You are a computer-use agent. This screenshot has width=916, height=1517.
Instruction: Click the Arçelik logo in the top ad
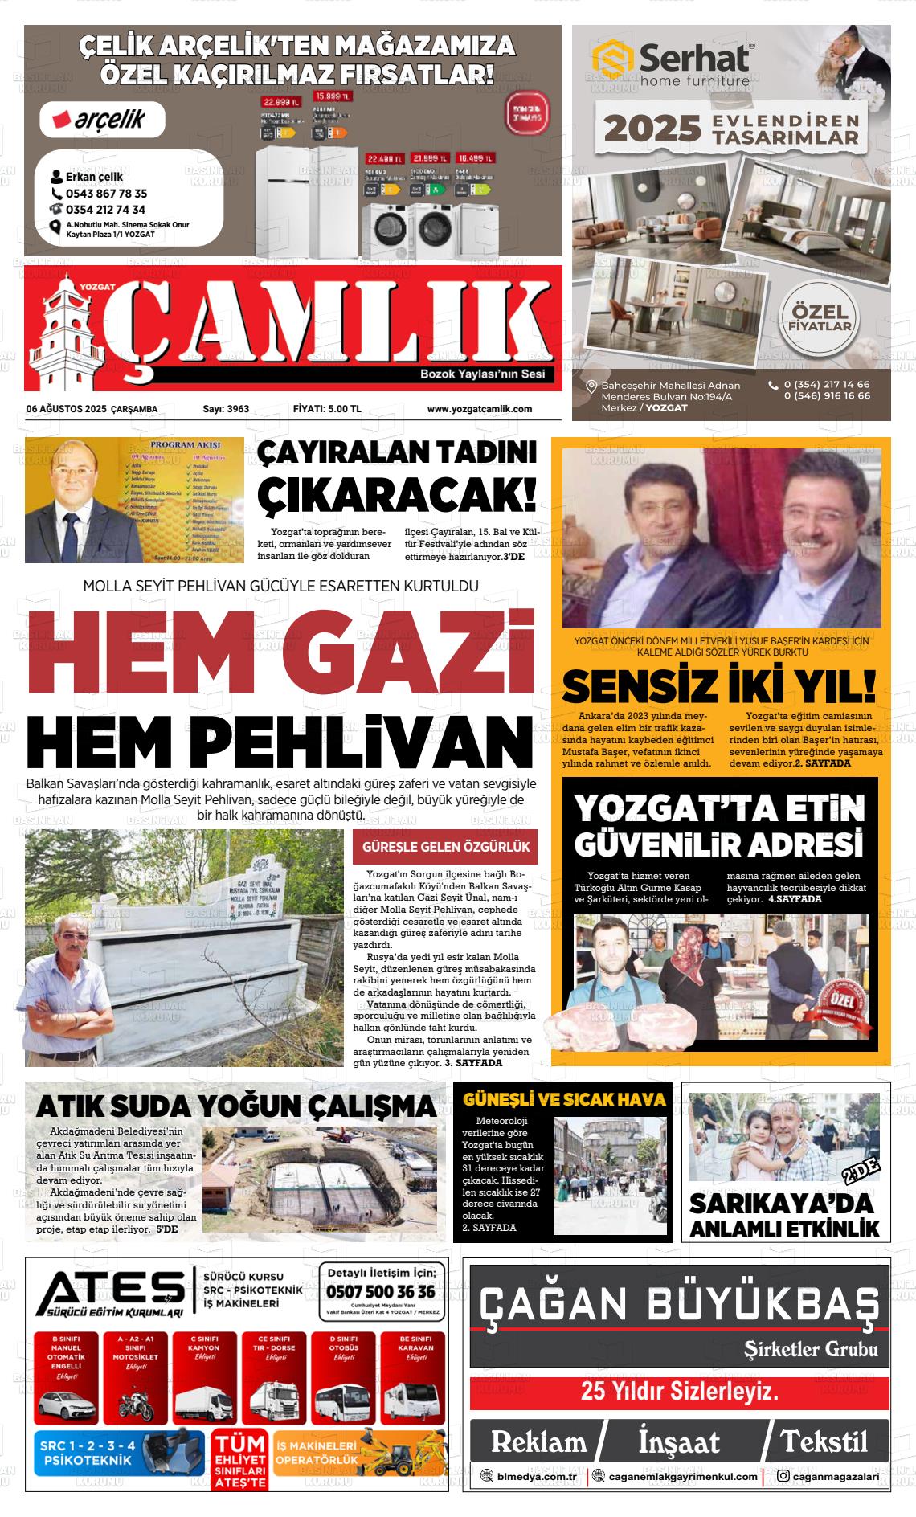point(103,121)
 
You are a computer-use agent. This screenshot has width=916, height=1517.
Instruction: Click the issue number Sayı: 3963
point(226,409)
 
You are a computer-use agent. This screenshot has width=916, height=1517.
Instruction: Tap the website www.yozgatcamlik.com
point(479,409)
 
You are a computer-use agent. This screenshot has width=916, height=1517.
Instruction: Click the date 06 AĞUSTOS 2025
point(72,409)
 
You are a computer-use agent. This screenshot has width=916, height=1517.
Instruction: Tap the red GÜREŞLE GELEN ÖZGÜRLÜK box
point(445,847)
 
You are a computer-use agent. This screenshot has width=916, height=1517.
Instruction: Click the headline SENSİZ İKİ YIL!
point(719,685)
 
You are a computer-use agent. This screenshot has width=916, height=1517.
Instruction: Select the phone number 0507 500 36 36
point(381,1291)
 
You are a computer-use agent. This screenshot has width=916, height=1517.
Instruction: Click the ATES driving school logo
point(110,1290)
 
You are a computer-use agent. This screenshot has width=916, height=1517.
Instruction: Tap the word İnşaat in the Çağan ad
point(679,1442)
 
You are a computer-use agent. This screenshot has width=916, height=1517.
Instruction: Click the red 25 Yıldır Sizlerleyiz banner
point(679,1391)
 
